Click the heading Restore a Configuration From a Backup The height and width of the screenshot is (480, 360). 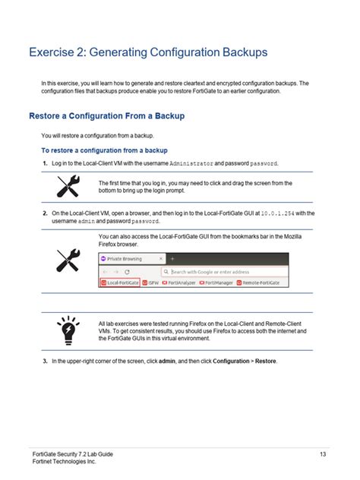coord(106,116)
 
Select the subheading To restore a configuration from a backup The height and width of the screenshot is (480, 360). coord(104,150)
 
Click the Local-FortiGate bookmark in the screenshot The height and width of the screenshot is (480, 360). coord(123,283)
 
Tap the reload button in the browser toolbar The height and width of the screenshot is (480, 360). coord(127,271)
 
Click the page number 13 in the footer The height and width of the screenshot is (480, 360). coord(323,454)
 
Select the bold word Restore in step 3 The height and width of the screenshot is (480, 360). coord(266,361)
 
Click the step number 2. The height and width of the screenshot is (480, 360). coord(45,213)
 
